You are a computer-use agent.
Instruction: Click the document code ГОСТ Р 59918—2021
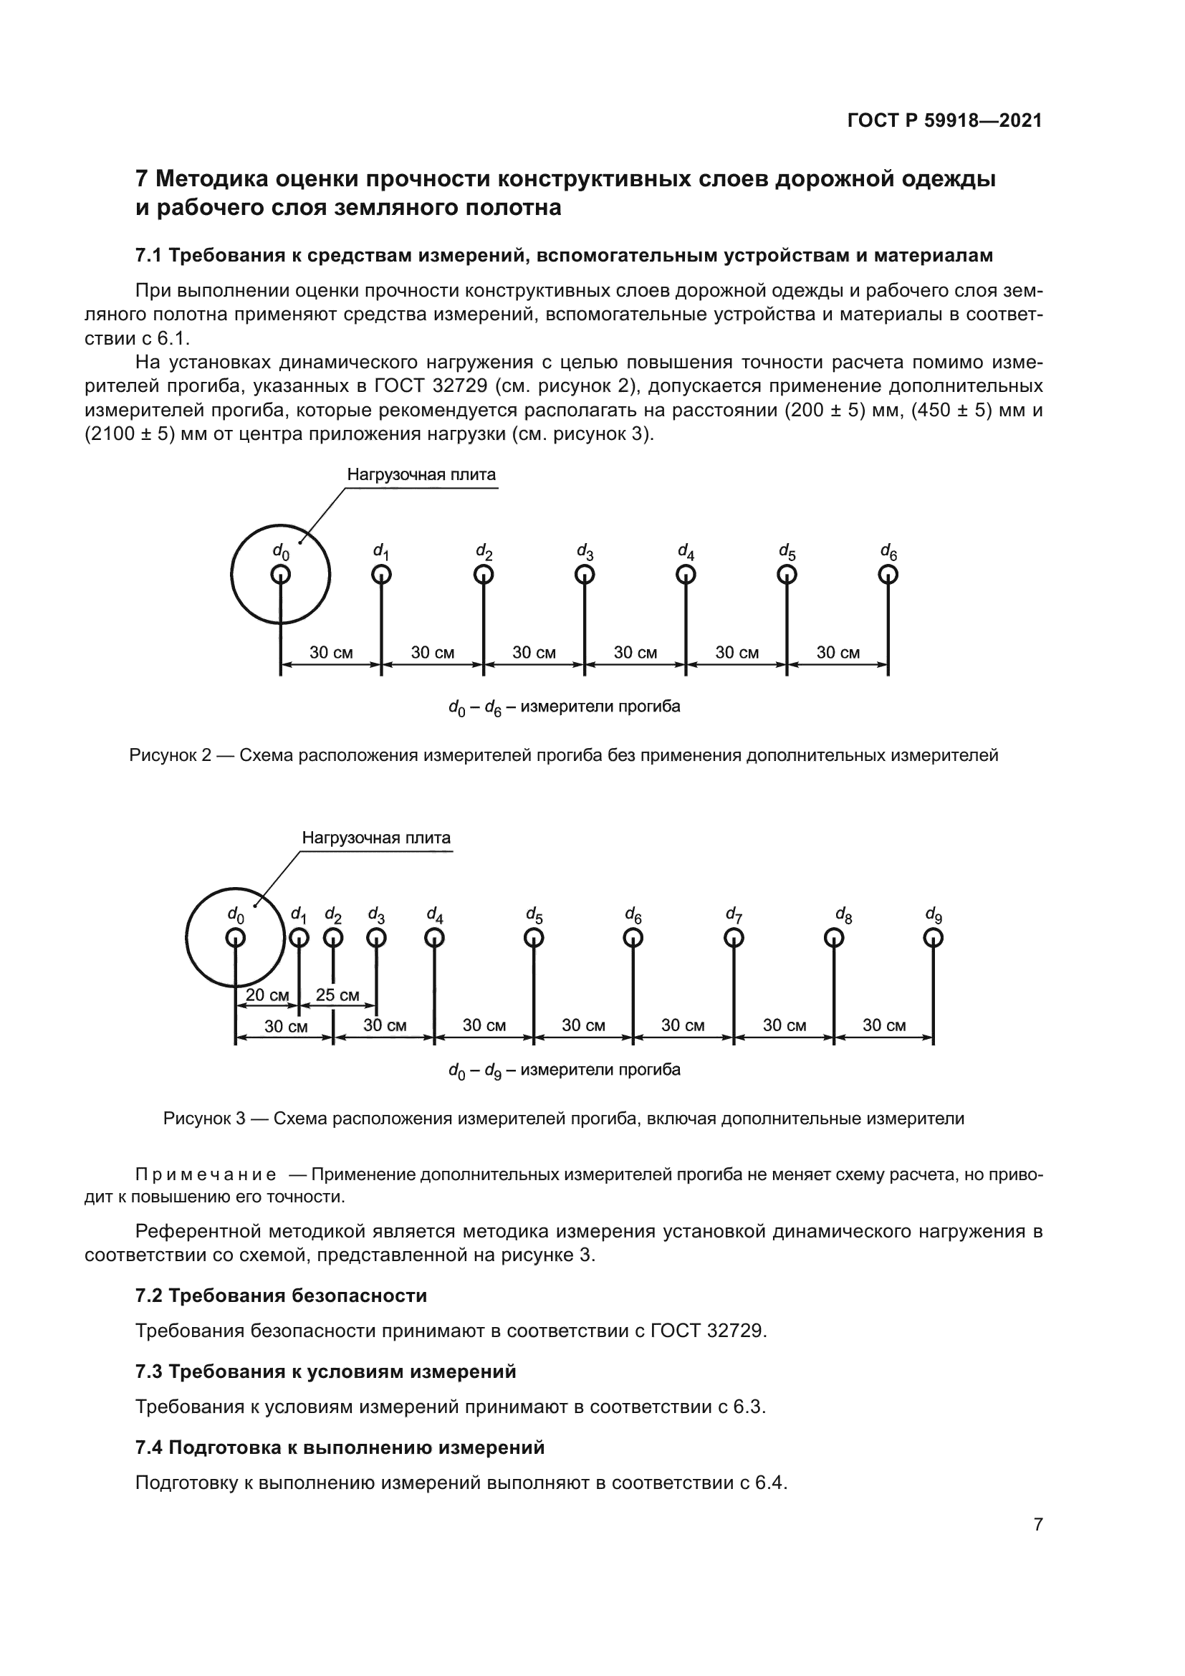(944, 120)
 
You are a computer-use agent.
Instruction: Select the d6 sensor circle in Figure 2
(887, 575)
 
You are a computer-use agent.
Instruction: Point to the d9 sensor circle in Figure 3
(933, 937)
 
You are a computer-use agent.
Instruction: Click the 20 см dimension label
(267, 995)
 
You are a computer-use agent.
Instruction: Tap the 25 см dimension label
(337, 995)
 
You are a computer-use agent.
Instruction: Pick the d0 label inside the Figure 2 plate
(280, 551)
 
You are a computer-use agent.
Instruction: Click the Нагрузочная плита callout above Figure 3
(376, 838)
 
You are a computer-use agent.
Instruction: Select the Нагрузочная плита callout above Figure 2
(421, 474)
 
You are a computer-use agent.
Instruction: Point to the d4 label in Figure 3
(434, 914)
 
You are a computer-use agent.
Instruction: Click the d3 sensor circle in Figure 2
(584, 575)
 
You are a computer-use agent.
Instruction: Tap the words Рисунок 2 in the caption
(170, 755)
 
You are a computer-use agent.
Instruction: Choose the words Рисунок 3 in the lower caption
(204, 1119)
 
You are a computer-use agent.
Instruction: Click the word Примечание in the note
(206, 1174)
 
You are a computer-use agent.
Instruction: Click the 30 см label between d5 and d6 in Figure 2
(838, 653)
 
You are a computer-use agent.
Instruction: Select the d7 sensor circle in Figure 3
(734, 937)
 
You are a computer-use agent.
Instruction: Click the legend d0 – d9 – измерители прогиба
(564, 1070)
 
